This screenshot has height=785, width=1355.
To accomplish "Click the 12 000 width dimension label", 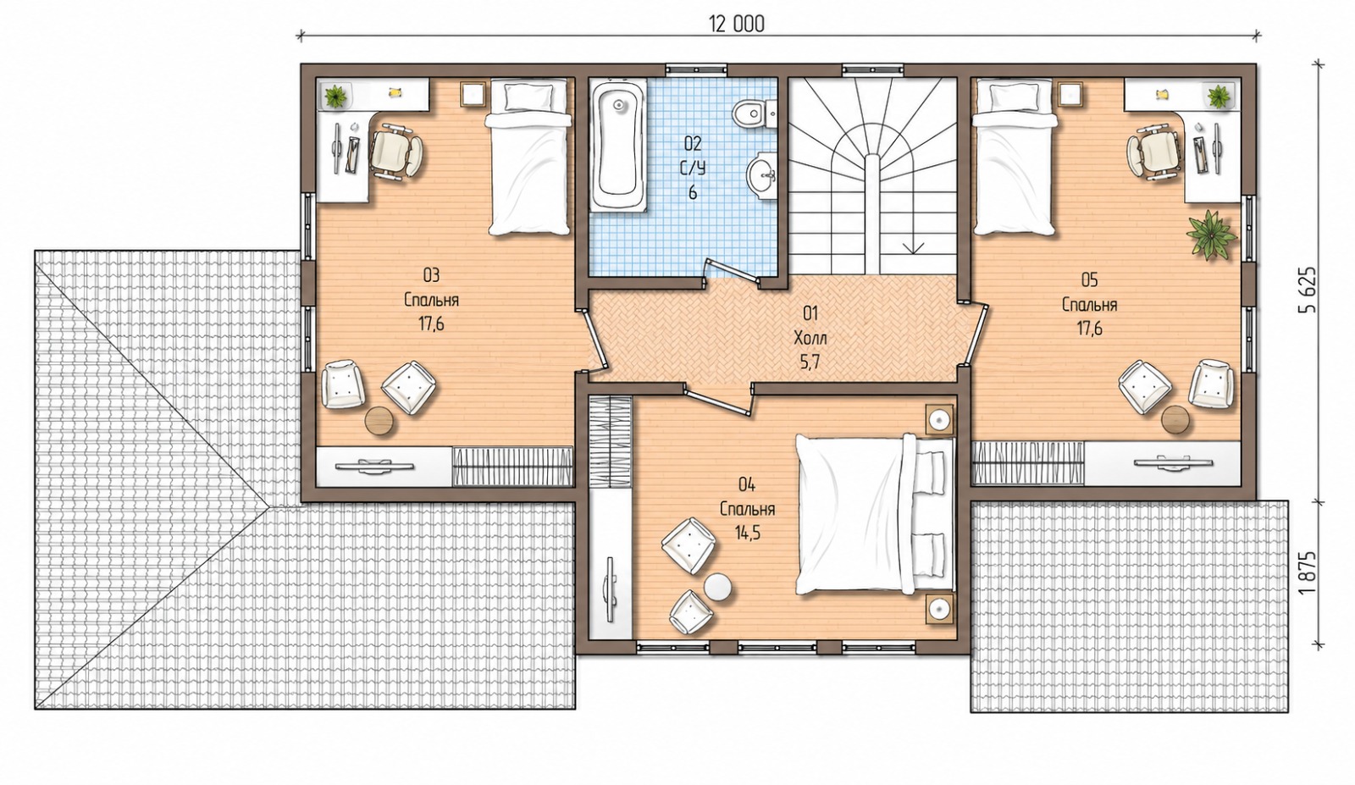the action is point(736,25).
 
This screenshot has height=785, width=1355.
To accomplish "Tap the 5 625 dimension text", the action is point(1307,290).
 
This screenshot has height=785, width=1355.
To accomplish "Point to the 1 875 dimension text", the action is point(1307,573).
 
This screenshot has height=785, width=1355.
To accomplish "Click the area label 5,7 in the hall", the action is point(810,362).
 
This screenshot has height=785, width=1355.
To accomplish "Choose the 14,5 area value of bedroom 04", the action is point(748,533).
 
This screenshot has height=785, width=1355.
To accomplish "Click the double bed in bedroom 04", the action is point(875,513).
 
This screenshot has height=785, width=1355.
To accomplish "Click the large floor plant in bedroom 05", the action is point(1210,235).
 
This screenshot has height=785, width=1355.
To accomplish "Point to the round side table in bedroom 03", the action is point(380,420).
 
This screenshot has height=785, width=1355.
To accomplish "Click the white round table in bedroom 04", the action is point(718,588).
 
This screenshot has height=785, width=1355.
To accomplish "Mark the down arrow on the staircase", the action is point(914,246).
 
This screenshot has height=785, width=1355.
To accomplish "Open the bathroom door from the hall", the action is point(732,270).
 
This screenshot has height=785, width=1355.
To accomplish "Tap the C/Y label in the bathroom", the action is point(693,169).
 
